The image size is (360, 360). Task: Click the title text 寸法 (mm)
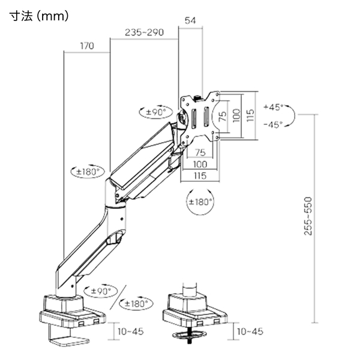tap(39, 16)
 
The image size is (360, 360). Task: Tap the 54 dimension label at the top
tap(190, 20)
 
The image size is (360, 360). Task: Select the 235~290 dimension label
tap(144, 32)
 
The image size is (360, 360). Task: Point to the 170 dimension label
tap(87, 46)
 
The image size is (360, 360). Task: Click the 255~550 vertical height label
tap(308, 216)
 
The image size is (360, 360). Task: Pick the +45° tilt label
tap(274, 107)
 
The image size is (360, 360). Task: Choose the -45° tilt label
tap(273, 125)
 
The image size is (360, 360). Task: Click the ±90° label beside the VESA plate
tap(156, 112)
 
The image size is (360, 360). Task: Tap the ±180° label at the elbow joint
tap(88, 172)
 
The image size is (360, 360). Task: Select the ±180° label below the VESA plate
tap(200, 202)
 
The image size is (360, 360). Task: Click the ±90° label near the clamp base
tap(101, 291)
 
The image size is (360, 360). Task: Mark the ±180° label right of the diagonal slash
tap(136, 304)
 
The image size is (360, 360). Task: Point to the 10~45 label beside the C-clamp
tap(130, 331)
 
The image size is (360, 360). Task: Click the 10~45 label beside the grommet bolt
tap(250, 331)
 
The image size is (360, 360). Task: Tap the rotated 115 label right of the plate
tap(250, 115)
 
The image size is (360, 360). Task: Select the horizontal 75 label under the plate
tap(200, 152)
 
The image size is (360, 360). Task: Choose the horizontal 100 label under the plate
tap(200, 164)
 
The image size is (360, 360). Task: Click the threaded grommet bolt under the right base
tap(190, 335)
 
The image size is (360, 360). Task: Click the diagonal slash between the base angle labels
tap(118, 298)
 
